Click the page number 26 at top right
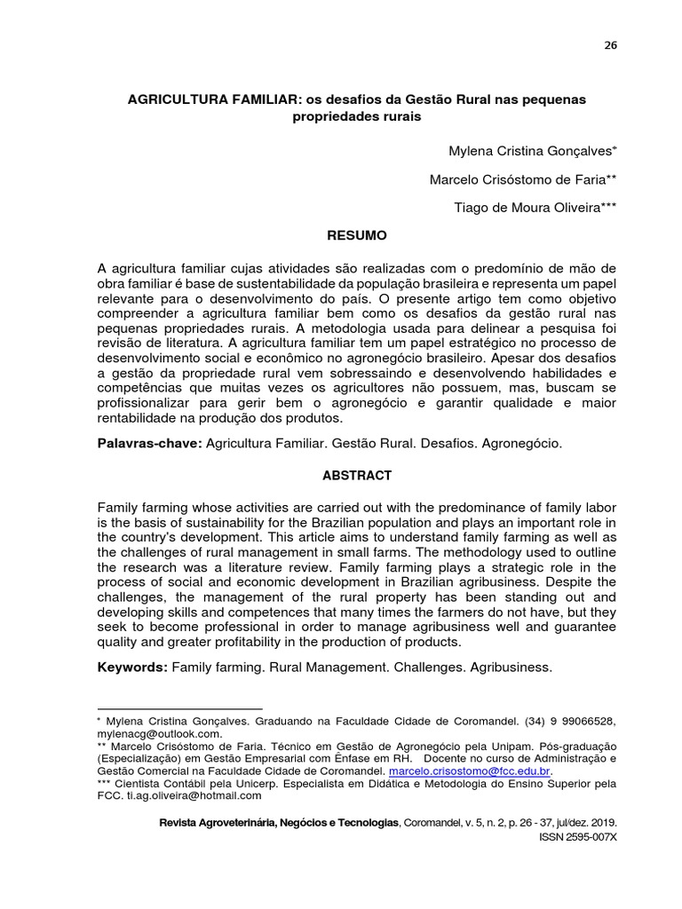(x=610, y=47)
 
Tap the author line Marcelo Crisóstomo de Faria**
(x=523, y=179)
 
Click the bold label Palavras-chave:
(x=149, y=441)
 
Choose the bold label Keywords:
(x=131, y=667)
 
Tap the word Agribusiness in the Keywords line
(x=512, y=667)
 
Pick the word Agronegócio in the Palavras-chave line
(x=522, y=441)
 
